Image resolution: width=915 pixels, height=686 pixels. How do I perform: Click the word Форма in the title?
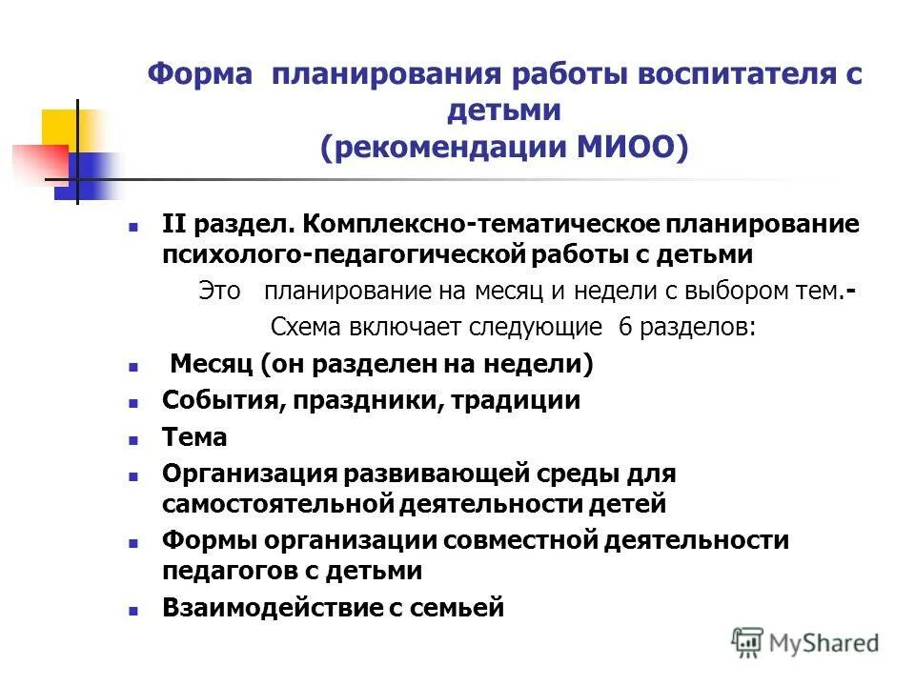[x=200, y=75]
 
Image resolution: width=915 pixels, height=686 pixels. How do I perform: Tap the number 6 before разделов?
[x=625, y=328]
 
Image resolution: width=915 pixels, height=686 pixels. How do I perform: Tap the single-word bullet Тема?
[x=194, y=437]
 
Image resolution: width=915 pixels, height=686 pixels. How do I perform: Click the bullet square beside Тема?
[x=133, y=439]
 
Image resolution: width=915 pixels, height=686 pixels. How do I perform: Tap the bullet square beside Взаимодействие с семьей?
[x=133, y=609]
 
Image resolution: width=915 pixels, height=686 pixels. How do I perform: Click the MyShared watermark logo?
[x=805, y=642]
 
